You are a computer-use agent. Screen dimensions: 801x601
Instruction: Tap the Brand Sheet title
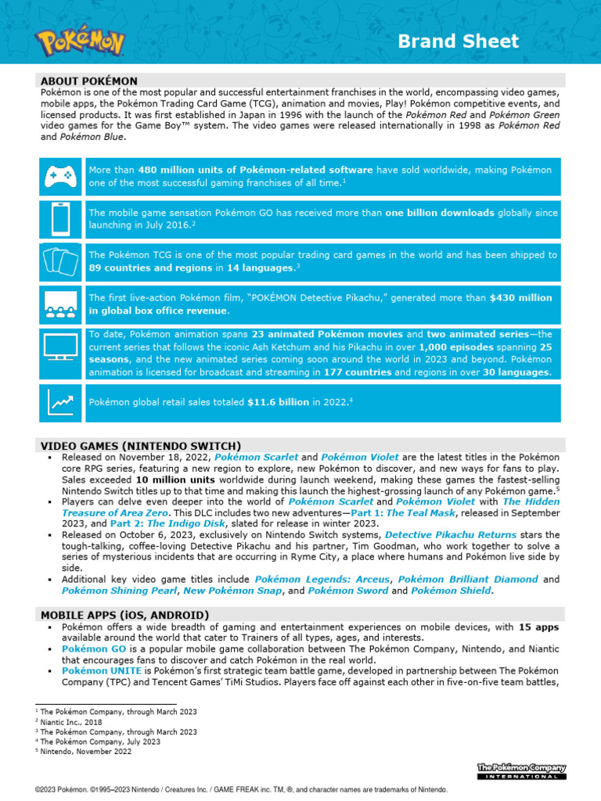[458, 41]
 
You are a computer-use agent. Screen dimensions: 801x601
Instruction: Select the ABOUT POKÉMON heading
[89, 81]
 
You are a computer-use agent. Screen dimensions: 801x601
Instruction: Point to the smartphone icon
[60, 218]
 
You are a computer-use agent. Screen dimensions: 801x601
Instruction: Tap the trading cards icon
[60, 261]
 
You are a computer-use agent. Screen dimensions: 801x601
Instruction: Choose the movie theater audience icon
[60, 304]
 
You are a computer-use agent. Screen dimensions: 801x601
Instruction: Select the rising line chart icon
[60, 402]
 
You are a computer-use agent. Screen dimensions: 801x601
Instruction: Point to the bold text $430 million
[520, 297]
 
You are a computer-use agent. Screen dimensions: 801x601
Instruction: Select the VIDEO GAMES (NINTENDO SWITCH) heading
[141, 446]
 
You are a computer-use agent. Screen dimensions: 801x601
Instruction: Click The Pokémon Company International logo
[521, 771]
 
